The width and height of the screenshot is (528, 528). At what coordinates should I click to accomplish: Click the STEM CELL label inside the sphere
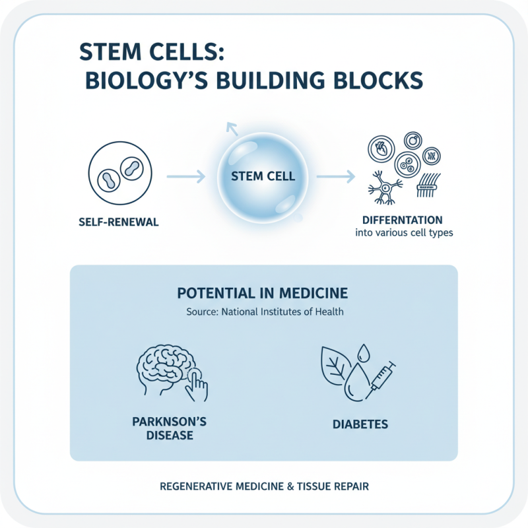(263, 177)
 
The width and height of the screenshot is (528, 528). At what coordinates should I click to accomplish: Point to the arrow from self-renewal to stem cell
(186, 177)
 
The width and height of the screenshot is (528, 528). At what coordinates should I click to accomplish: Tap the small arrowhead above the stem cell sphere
(230, 126)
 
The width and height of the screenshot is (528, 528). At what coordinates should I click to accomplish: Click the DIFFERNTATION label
(402, 219)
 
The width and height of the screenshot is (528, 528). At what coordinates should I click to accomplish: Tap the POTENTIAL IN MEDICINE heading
(263, 293)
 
